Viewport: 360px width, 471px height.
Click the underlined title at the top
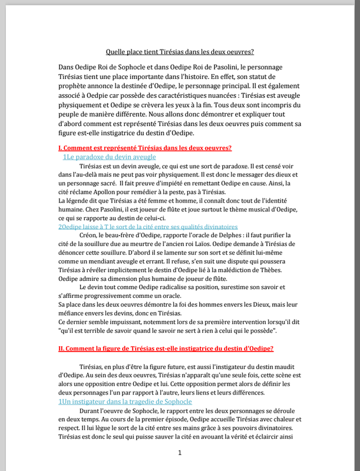click(x=180, y=52)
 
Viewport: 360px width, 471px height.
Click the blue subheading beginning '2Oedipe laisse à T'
click(x=148, y=226)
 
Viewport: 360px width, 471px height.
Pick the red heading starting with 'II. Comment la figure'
click(x=166, y=349)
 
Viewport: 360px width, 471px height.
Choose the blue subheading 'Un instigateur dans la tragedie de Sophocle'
click(x=125, y=402)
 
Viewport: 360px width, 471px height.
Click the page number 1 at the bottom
click(x=180, y=453)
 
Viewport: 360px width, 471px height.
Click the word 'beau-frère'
click(x=131, y=235)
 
